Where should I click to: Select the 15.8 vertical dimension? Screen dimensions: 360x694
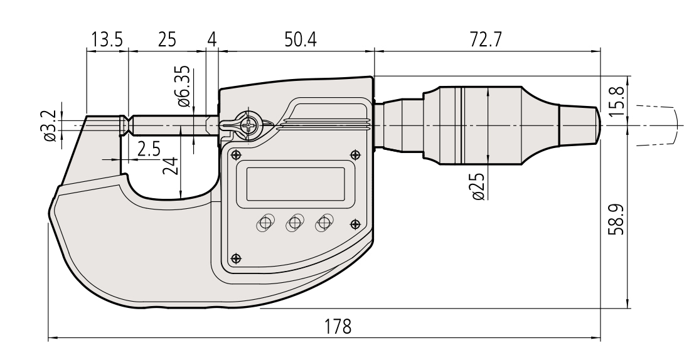pyautogui.click(x=619, y=100)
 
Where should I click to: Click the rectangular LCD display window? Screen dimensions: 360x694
pyautogui.click(x=296, y=183)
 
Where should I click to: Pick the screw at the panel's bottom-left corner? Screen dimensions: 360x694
pyautogui.click(x=236, y=258)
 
